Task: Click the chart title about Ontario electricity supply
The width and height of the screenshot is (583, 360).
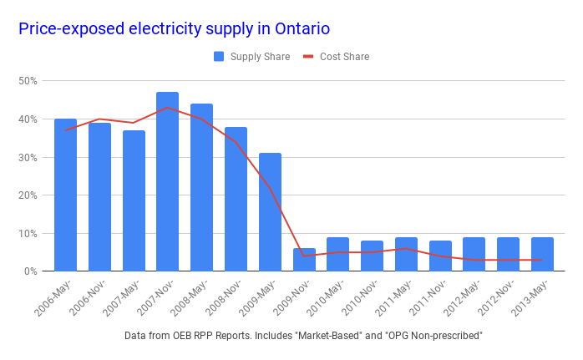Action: pos(174,28)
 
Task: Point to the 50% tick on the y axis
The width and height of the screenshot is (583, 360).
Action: pos(28,81)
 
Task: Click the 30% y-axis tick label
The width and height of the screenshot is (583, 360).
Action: pos(28,157)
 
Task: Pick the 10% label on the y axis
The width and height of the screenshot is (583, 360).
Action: pos(28,233)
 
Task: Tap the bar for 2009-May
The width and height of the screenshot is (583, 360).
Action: pos(270,212)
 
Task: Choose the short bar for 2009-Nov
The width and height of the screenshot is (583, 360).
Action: pos(304,260)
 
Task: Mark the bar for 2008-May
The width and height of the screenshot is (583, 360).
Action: pos(201,187)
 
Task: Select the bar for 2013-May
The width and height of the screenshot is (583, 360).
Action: pos(542,254)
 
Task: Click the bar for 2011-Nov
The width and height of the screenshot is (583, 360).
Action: pos(440,256)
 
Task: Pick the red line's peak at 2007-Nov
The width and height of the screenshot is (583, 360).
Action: pos(167,108)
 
